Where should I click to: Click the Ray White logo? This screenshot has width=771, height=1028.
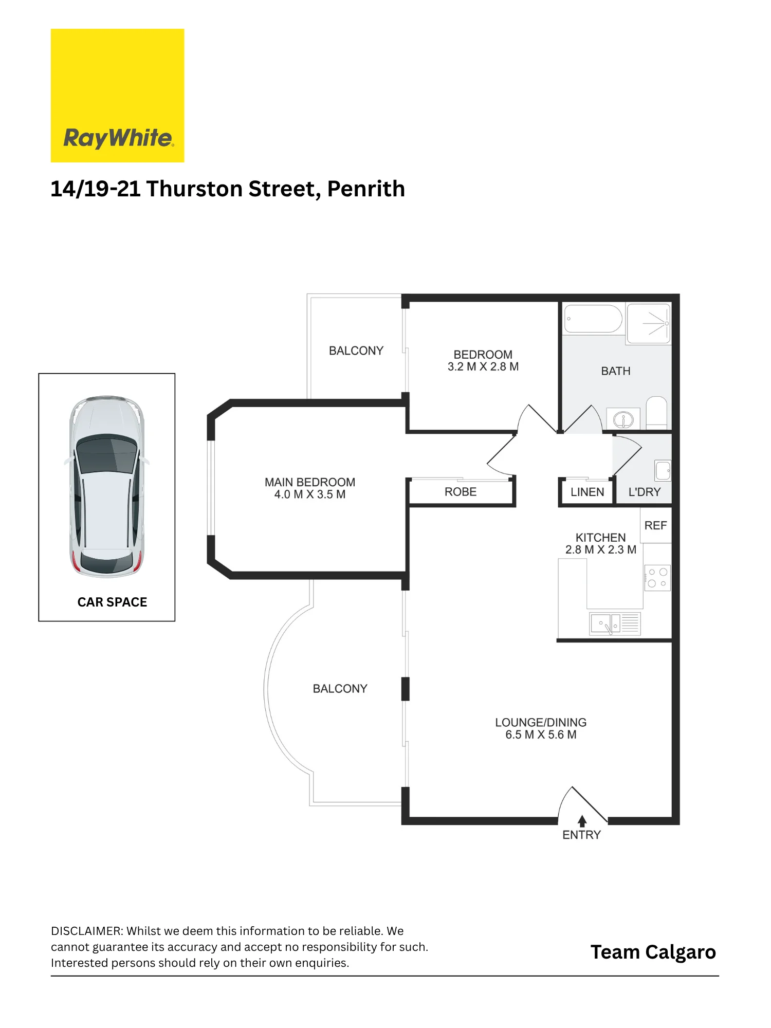click(x=117, y=96)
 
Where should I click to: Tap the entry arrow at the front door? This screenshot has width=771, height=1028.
click(x=582, y=821)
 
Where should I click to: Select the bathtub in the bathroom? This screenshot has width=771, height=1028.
click(x=593, y=319)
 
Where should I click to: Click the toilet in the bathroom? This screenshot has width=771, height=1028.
click(x=656, y=412)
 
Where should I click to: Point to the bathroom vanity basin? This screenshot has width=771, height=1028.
click(x=623, y=419)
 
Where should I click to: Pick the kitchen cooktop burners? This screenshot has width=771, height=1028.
click(x=657, y=578)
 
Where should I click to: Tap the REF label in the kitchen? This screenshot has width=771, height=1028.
click(x=655, y=525)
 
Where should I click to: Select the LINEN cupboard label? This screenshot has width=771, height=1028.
click(x=587, y=492)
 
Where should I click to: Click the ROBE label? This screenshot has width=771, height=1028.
click(x=461, y=492)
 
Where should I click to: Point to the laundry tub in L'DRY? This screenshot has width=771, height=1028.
click(x=663, y=470)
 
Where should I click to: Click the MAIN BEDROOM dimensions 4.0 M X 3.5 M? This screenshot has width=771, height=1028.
click(x=310, y=494)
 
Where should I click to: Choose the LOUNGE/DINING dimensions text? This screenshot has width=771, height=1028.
click(x=541, y=735)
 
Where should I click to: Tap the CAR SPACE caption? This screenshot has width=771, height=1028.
click(x=112, y=602)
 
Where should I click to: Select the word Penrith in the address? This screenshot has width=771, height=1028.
click(x=366, y=189)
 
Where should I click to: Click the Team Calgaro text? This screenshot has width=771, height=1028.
click(x=653, y=952)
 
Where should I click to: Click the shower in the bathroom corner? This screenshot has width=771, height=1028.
click(x=649, y=323)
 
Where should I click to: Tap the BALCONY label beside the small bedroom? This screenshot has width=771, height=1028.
click(x=356, y=351)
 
